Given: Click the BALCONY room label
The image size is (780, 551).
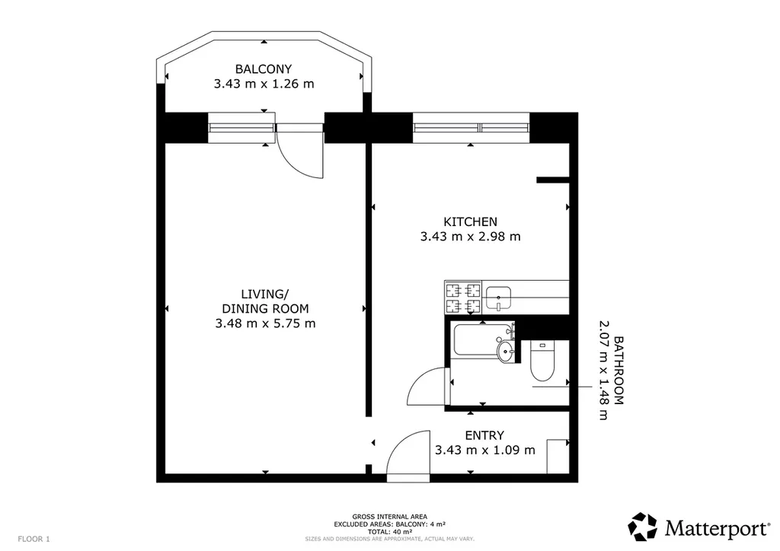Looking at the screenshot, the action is tap(263, 69).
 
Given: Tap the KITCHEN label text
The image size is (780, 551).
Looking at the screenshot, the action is tap(470, 221).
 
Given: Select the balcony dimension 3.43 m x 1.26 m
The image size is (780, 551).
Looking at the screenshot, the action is tap(264, 84).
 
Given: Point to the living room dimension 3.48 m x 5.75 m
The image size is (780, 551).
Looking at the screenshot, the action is tap(265, 323).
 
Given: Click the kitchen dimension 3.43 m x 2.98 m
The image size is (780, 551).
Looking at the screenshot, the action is tap(470, 237).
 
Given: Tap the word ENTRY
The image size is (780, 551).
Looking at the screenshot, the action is tap(484, 435).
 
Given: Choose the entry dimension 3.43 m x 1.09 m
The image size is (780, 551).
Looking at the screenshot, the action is tap(485, 450).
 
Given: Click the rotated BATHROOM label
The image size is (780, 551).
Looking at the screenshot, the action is tap(619, 371).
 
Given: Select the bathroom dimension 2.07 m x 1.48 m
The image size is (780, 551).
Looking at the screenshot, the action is tap(603, 370).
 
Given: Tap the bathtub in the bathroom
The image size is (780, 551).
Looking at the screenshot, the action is tap(482, 339).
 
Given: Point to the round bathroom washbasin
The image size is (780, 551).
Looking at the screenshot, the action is tap(507, 352).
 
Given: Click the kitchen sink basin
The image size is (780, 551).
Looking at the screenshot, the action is tap(498, 298).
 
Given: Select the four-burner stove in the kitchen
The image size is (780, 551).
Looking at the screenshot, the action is tap(463, 298).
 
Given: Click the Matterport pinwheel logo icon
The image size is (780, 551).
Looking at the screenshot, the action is tap(643, 527).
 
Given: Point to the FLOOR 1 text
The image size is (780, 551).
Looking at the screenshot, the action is tap(34, 539).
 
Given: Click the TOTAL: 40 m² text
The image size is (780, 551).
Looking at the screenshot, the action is tap(389, 532).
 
